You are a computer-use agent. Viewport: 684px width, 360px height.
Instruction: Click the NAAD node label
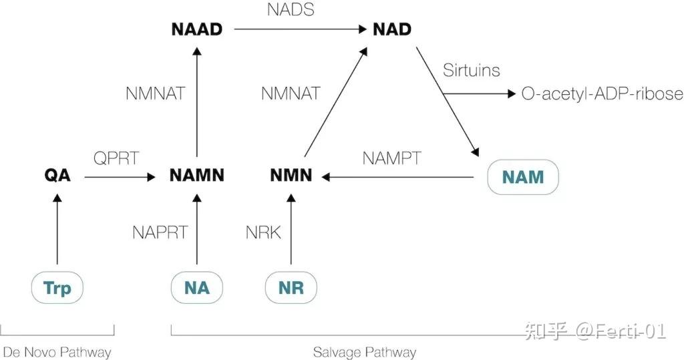click(196, 29)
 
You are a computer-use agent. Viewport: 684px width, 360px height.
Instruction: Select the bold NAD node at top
click(392, 29)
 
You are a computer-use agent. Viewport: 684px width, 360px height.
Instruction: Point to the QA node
click(57, 176)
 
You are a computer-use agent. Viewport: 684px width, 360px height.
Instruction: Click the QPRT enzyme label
click(117, 158)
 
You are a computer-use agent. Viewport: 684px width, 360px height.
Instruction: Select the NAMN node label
click(196, 176)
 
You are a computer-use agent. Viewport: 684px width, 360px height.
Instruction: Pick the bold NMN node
click(291, 176)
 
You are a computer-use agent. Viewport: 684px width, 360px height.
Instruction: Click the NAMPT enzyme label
click(392, 158)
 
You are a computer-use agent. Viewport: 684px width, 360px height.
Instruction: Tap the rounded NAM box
click(522, 177)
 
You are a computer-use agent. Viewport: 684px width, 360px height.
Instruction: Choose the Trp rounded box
click(57, 288)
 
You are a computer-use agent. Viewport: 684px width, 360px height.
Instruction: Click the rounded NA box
click(196, 288)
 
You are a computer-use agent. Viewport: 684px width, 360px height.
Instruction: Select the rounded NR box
click(291, 288)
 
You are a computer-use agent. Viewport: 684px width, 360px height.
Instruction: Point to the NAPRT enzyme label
click(160, 232)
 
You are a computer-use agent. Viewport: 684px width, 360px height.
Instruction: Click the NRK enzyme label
click(263, 232)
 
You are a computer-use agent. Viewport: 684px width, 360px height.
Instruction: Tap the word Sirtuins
click(472, 70)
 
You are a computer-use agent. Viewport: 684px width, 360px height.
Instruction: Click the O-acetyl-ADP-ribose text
click(602, 94)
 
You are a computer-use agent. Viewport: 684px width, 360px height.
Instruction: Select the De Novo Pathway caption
click(57, 352)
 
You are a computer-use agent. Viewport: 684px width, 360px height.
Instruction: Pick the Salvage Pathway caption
click(365, 352)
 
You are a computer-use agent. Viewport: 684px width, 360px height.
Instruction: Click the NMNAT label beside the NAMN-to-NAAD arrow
click(156, 94)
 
